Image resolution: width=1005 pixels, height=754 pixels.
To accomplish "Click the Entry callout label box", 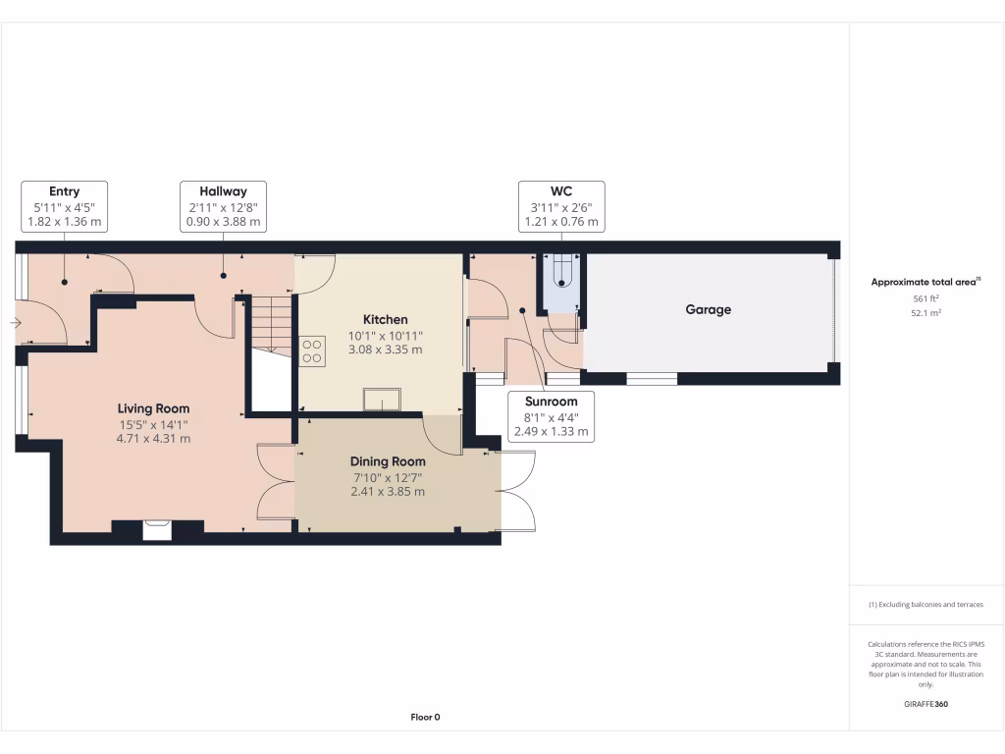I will point(65,206).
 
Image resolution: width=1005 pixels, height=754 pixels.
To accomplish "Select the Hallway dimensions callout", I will point(223,206).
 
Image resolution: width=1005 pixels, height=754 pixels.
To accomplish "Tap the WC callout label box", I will point(561,206).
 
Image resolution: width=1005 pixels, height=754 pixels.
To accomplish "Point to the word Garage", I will point(708,310).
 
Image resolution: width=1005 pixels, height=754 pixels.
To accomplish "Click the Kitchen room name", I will point(385,320).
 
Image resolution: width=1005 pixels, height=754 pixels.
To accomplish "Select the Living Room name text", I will point(153,408).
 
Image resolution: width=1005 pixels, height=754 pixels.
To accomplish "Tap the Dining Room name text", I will point(388,461).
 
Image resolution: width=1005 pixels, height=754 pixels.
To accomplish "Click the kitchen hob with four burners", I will point(313,350).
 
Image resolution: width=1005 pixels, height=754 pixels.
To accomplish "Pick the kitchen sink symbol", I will point(382,399).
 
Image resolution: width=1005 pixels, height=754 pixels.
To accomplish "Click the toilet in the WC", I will point(561,271).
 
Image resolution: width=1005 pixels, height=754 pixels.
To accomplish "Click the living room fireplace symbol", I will point(157,530).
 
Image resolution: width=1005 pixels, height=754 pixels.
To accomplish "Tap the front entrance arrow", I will point(16,322).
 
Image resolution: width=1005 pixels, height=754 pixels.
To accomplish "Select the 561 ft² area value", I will point(926,298).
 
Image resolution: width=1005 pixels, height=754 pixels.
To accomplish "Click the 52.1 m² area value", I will point(926,313).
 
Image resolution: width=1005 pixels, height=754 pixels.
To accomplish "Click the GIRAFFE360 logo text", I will point(926,704).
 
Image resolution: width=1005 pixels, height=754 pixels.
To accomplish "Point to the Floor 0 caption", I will point(425,718).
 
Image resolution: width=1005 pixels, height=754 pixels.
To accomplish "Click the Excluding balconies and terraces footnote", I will point(926,605).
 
